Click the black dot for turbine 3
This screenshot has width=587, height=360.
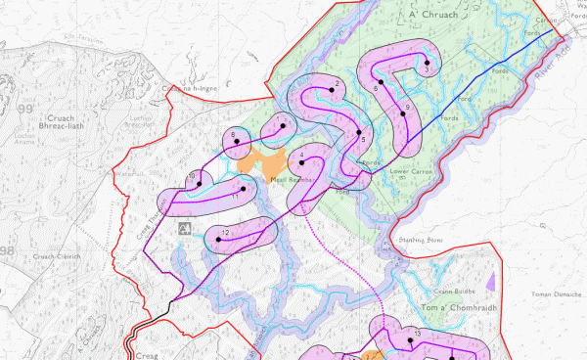(428, 62)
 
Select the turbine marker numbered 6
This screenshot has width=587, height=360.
(384, 96)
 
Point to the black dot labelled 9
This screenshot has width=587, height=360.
(402, 114)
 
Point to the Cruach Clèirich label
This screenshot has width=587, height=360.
(55, 256)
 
